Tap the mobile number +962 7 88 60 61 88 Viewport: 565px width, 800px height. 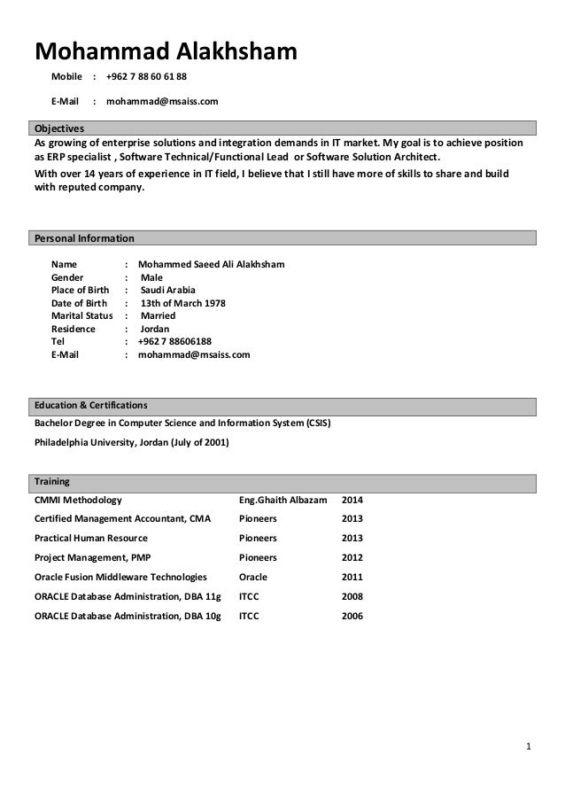pos(146,76)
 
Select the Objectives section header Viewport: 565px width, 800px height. pos(58,128)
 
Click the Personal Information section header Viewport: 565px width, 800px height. pos(84,238)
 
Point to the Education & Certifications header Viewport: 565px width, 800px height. pos(91,405)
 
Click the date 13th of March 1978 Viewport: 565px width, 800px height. pos(183,303)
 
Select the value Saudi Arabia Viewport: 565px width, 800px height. pos(168,290)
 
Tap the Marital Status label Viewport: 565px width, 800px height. pos(82,315)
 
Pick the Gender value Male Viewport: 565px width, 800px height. pos(151,277)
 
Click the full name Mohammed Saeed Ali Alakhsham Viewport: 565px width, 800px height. pos(211,264)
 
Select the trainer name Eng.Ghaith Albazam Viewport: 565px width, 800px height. pos(283,500)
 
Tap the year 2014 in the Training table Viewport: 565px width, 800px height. pos(352,500)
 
